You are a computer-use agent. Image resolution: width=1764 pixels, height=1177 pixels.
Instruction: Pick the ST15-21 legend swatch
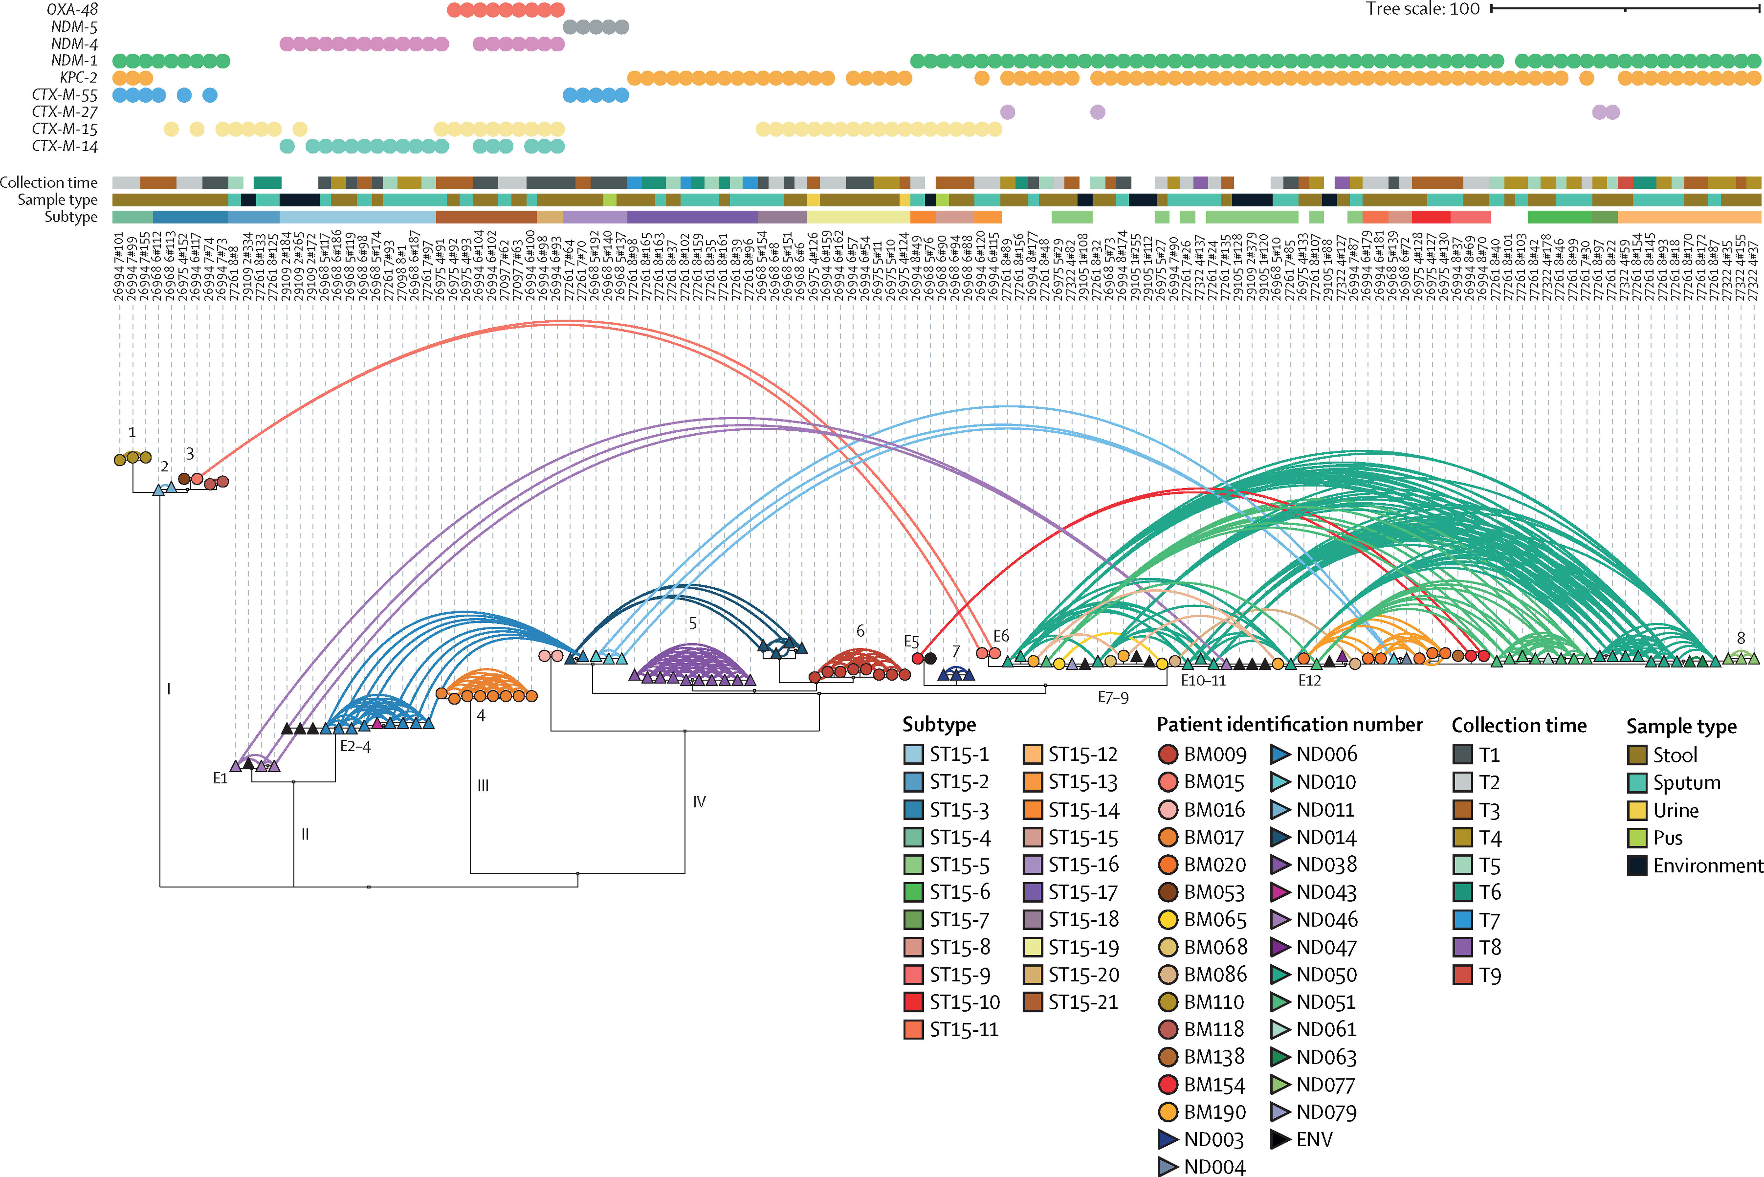[1033, 1002]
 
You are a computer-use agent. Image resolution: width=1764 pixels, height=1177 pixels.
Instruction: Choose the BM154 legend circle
[1168, 1085]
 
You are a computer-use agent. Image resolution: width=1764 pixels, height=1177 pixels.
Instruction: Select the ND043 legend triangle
[1281, 892]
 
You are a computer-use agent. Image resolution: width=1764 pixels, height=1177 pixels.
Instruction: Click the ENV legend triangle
[1281, 1140]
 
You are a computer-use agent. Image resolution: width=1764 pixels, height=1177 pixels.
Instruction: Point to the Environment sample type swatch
[1637, 865]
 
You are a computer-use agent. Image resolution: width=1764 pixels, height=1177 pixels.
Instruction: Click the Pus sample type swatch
[1637, 838]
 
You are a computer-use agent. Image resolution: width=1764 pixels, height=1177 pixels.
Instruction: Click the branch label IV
[699, 802]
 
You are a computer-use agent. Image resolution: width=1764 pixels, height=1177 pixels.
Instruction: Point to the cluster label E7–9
[1112, 697]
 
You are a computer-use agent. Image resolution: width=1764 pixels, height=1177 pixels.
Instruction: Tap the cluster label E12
[1309, 680]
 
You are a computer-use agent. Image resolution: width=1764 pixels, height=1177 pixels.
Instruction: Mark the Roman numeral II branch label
[305, 834]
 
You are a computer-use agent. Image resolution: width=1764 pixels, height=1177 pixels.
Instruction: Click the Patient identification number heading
[1289, 724]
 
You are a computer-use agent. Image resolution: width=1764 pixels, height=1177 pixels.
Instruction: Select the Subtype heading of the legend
[939, 724]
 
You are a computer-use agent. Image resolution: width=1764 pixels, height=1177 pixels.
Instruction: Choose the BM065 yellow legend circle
[1168, 920]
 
